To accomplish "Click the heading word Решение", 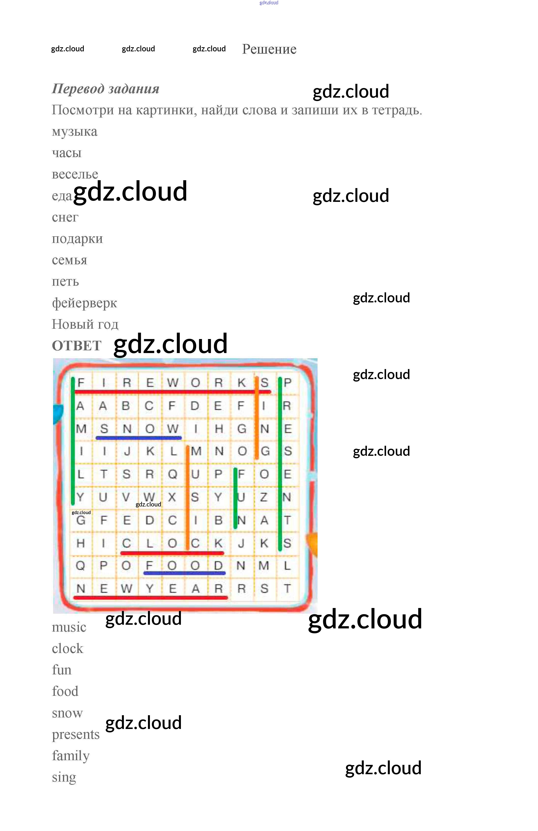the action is (x=269, y=49).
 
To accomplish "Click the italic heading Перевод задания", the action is (x=105, y=89).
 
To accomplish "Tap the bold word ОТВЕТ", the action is (x=76, y=346).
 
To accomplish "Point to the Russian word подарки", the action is (x=77, y=238).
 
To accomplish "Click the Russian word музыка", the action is (x=74, y=132).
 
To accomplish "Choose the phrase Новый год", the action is (x=85, y=324).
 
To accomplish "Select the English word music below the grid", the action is (x=69, y=627).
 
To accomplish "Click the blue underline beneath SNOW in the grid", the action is (x=139, y=437).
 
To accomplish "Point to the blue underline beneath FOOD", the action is (x=184, y=573).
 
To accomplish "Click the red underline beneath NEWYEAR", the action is (x=150, y=598).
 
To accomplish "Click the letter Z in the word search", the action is (x=264, y=497).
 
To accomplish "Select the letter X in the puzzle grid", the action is (x=172, y=497).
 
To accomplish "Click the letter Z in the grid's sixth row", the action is (x=264, y=497).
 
